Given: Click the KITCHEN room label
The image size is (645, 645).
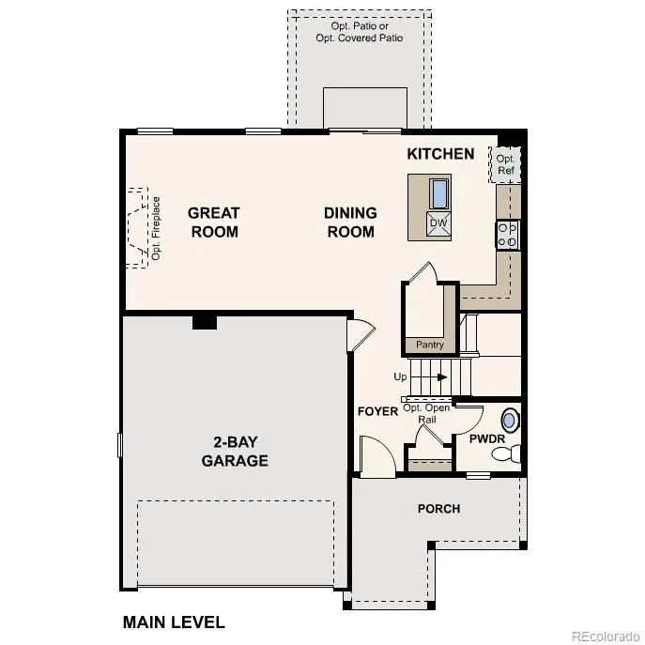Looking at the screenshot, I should tap(440, 153).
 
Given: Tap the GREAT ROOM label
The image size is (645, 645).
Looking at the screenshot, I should tap(214, 223).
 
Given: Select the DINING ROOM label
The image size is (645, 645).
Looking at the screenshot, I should tap(350, 223).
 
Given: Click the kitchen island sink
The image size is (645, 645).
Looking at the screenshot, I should tap(438, 193).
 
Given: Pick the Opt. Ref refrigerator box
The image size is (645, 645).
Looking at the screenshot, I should tap(505, 165).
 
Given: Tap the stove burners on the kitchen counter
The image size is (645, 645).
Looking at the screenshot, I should tap(508, 235).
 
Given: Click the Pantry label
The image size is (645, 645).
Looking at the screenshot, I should tap(430, 345).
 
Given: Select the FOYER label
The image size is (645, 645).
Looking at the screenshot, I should tap(377, 412).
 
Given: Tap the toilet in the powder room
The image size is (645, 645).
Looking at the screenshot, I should tap(506, 454).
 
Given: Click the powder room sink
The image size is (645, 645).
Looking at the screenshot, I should tap(510, 420).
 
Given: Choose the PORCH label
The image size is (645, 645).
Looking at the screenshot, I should tap(438, 509).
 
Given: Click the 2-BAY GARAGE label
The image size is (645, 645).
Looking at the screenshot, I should tap(235, 452).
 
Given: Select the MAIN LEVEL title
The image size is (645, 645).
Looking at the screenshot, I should tap(174, 622).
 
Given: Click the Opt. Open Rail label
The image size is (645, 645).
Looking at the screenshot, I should tap(426, 413).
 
